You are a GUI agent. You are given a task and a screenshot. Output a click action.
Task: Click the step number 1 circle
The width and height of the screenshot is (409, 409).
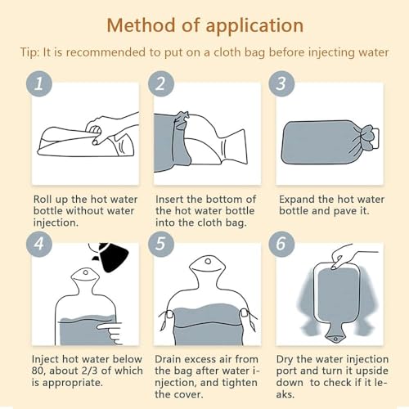(x=39, y=83)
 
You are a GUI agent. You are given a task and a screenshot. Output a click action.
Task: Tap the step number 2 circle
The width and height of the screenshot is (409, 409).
(x=161, y=83)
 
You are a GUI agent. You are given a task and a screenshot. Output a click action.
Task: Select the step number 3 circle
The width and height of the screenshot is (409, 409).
(x=281, y=83)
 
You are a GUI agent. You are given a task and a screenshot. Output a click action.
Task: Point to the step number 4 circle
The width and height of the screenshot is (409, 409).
(x=39, y=244)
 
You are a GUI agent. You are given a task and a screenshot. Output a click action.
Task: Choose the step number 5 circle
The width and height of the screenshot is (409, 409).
(x=161, y=244)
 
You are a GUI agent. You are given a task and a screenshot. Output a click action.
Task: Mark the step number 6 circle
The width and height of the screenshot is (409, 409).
(x=281, y=244)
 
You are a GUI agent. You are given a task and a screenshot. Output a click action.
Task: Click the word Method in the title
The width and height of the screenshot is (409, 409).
(x=141, y=25)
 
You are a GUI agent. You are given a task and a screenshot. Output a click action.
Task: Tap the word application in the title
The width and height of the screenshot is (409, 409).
(x=254, y=27)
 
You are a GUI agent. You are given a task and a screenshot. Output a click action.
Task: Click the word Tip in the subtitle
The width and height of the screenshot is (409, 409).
(x=29, y=52)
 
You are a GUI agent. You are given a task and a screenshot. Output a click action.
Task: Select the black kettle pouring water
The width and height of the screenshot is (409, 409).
(x=112, y=256)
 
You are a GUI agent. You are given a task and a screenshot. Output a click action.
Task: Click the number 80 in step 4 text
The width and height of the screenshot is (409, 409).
(x=38, y=371)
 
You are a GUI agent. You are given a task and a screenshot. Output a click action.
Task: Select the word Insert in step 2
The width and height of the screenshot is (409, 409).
(x=169, y=199)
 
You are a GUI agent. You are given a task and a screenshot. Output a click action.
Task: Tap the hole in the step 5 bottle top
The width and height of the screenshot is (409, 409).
(x=208, y=262)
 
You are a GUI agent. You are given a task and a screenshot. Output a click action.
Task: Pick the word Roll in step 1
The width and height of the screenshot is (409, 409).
(x=43, y=199)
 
